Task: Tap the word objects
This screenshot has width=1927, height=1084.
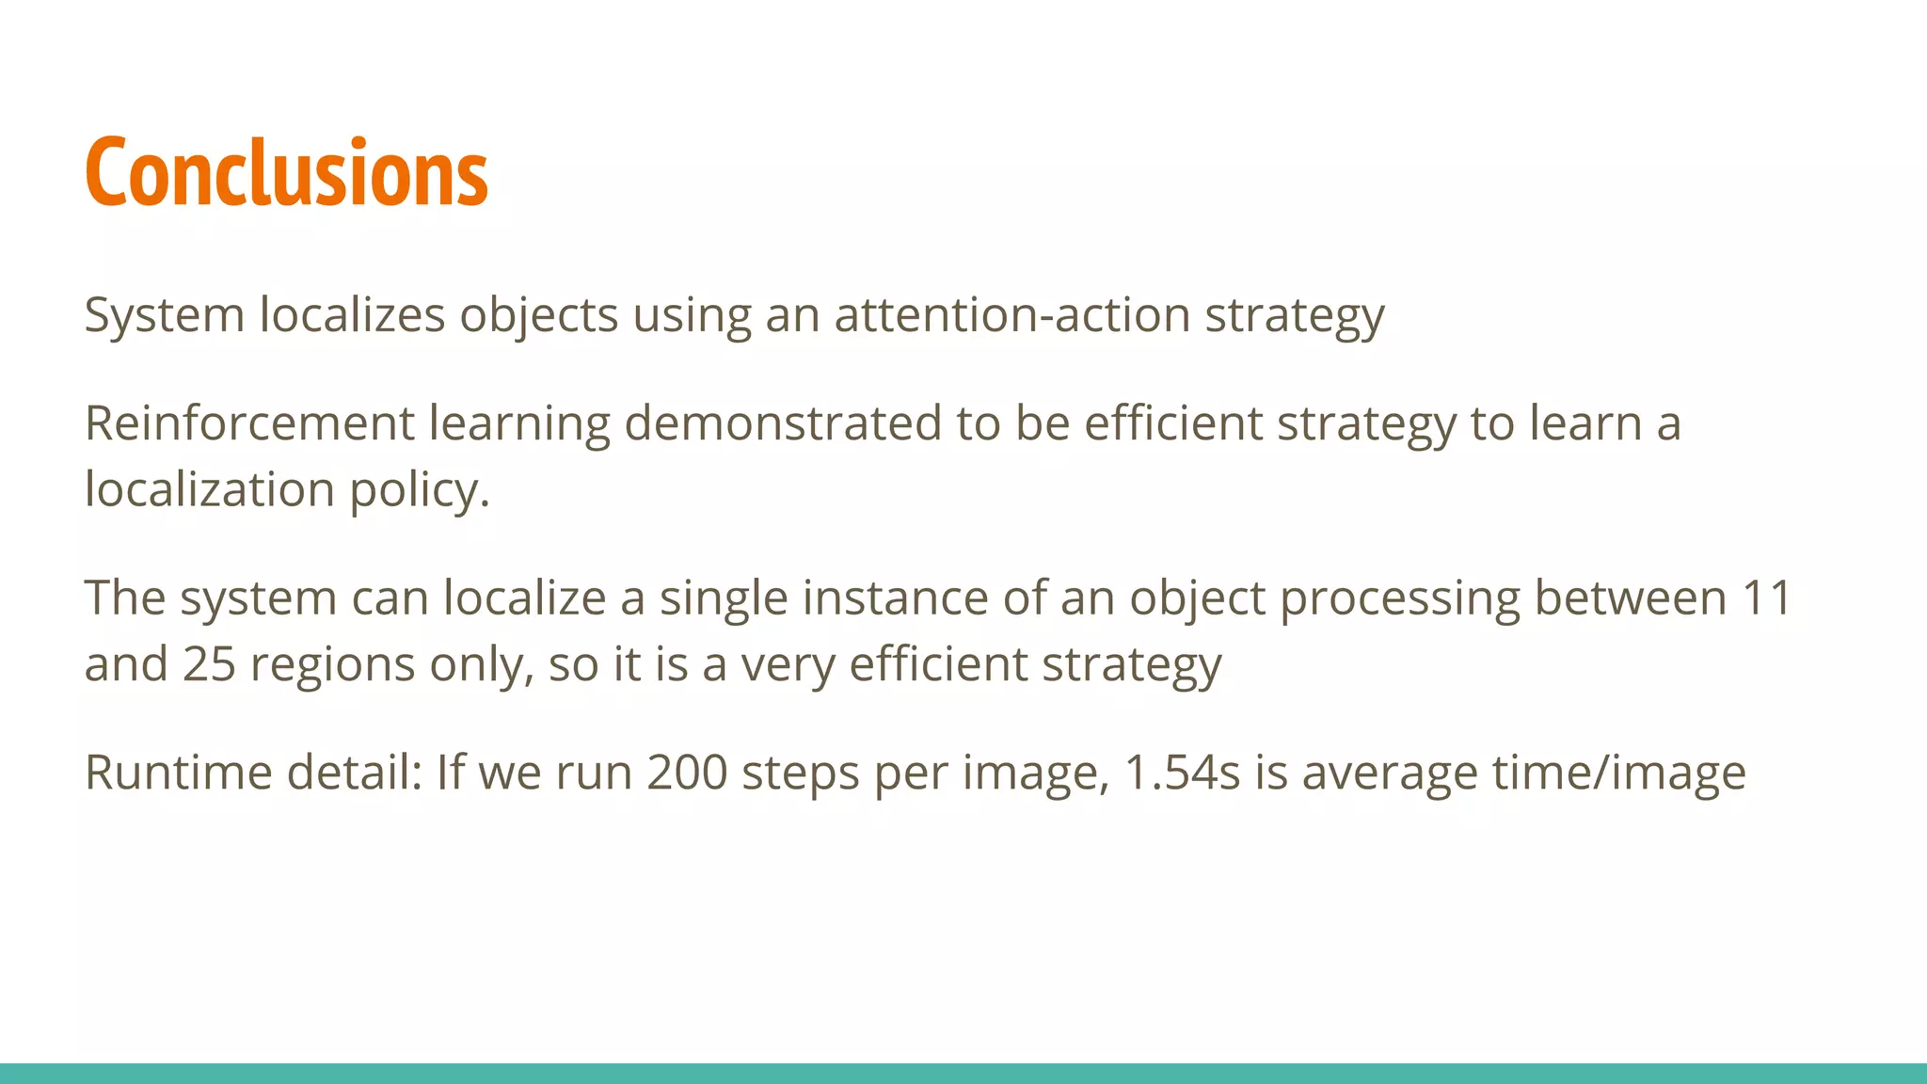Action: tap(538, 315)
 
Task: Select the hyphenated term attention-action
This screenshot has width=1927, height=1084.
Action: tap(1012, 314)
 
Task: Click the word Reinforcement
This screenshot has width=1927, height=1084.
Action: tap(249, 423)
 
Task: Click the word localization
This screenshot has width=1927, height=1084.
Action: tap(209, 489)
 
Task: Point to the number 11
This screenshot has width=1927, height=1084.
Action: tap(1766, 598)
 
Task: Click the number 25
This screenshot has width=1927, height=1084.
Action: tap(209, 664)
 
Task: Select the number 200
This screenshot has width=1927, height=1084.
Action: tap(687, 773)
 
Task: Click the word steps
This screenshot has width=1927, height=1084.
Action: tap(800, 774)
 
